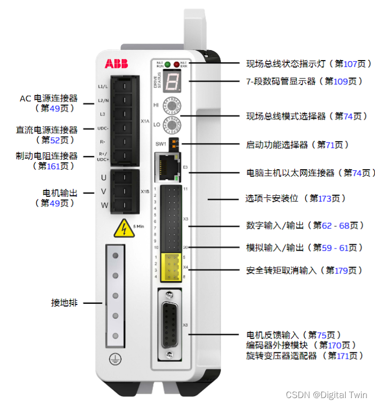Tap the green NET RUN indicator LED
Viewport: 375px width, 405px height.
point(167,65)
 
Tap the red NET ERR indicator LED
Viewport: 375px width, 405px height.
point(176,65)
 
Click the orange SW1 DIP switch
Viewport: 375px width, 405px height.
point(174,143)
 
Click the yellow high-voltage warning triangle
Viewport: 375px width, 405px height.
point(123,228)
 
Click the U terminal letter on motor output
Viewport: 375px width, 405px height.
point(104,177)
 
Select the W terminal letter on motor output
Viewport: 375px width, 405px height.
point(104,204)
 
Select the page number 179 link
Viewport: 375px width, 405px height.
point(341,270)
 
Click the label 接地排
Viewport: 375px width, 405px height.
point(64,303)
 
